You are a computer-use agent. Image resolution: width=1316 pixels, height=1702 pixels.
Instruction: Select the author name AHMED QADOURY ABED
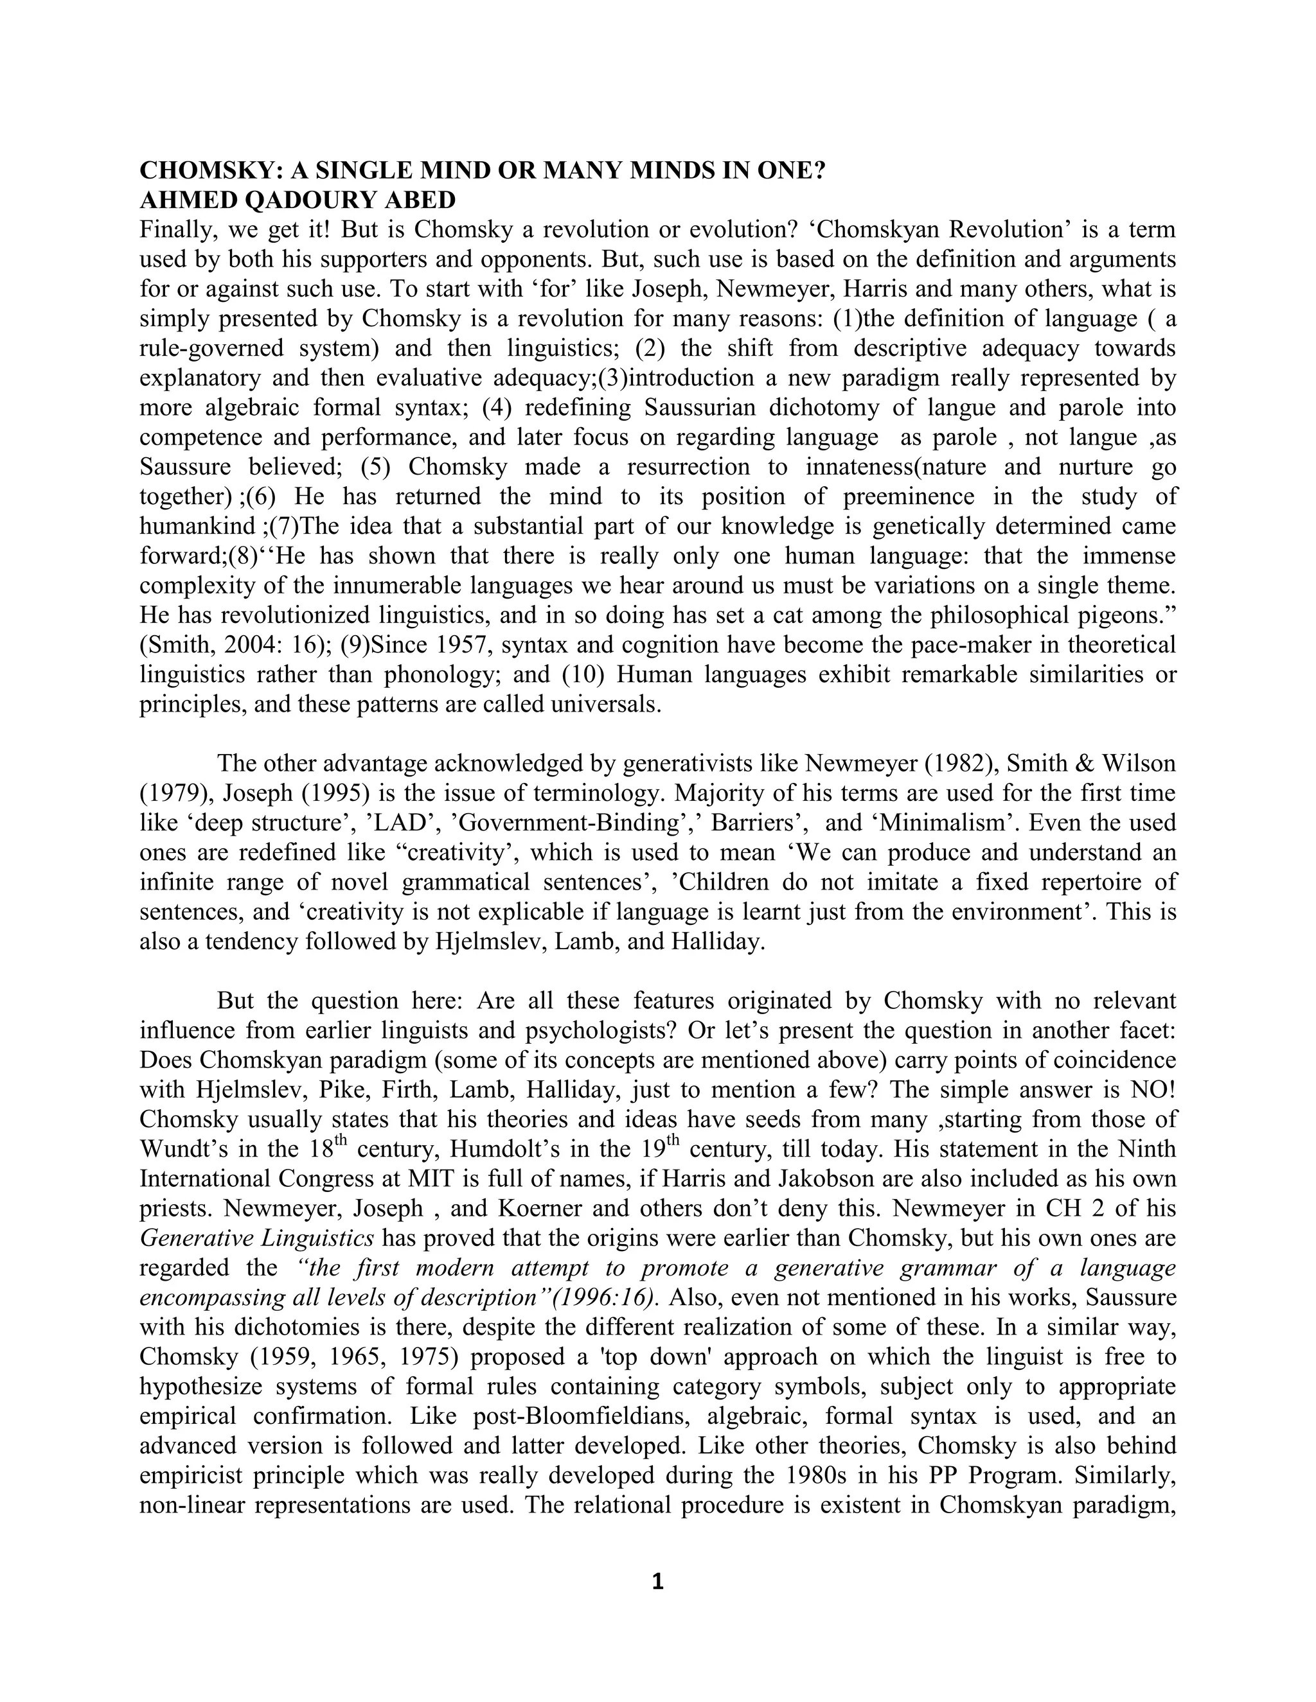297,200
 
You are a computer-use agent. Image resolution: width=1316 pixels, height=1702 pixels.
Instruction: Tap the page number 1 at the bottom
657,1581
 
